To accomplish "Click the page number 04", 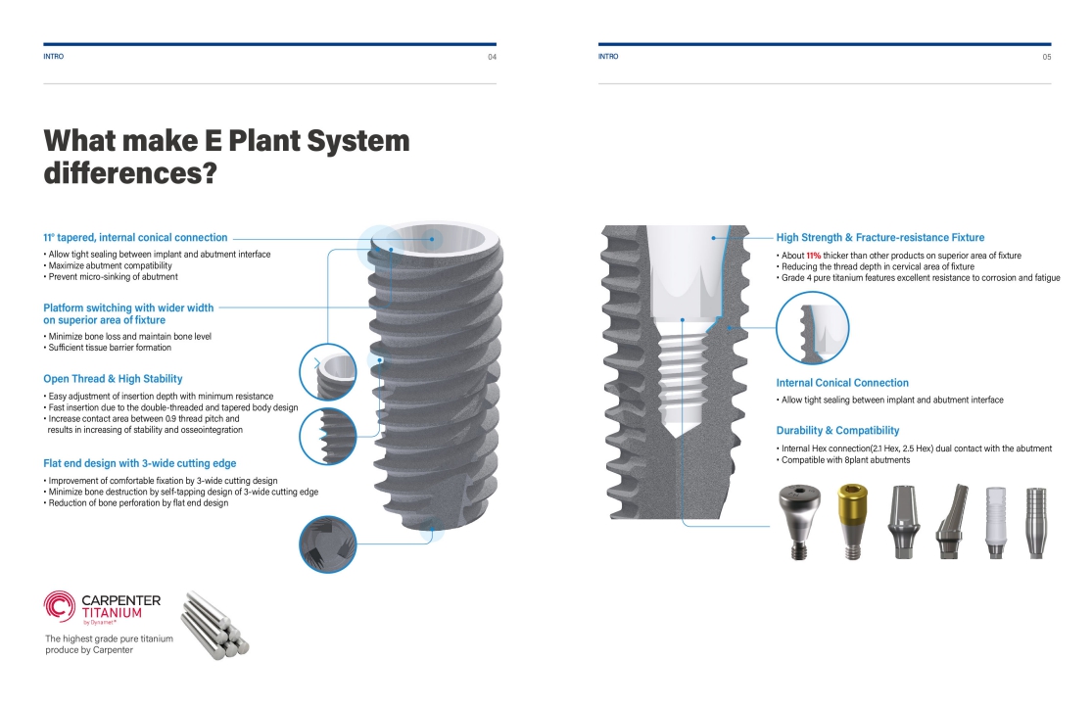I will (492, 57).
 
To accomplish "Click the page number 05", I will (1046, 57).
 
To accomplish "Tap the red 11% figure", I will (813, 256).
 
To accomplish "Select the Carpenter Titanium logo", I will (102, 607).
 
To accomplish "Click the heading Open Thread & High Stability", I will (113, 378).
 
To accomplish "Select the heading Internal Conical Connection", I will (842, 383).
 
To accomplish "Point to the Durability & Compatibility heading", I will (837, 430).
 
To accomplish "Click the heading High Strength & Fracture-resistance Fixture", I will (880, 237).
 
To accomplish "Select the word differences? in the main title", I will (130, 173).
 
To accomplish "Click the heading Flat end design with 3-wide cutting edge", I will (139, 463).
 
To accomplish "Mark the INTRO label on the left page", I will (54, 57).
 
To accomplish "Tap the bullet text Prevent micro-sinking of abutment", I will (113, 277).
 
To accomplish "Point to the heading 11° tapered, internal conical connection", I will (135, 237).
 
